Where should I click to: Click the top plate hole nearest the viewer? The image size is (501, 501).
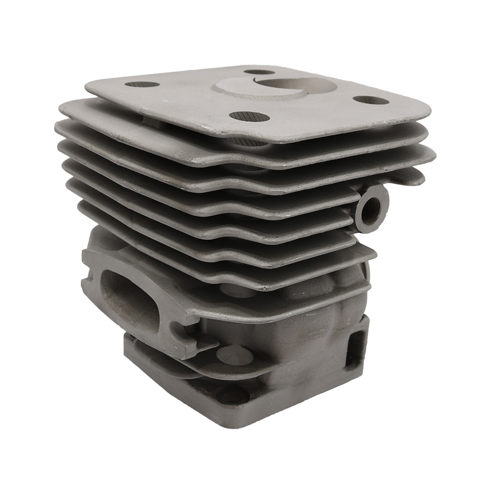coord(249,117)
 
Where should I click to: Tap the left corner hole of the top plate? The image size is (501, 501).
coord(142,84)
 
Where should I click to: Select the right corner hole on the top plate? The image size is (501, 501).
coord(371,100)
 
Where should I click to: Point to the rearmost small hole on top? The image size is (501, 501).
coord(259,72)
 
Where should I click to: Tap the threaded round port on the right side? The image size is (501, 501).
coord(372,205)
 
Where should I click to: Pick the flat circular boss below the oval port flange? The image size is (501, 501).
coord(234,355)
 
